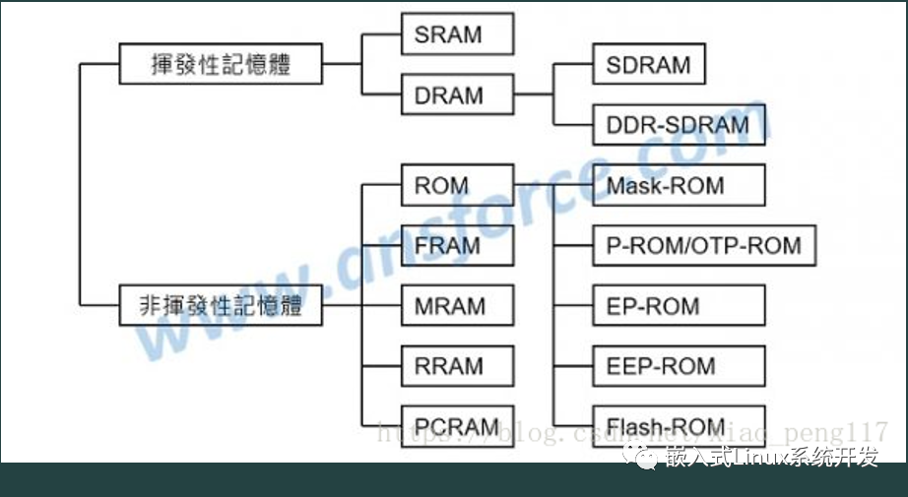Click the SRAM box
(x=457, y=34)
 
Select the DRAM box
(x=457, y=95)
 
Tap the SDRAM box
(x=649, y=65)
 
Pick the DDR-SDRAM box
(x=679, y=125)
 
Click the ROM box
(x=457, y=185)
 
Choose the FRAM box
(x=457, y=245)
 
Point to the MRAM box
(x=457, y=306)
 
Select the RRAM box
(x=457, y=366)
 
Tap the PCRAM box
(x=457, y=427)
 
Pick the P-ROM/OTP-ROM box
(x=704, y=245)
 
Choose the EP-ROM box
(x=679, y=306)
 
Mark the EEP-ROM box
(x=679, y=366)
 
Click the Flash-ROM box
(x=679, y=427)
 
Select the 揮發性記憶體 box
(x=221, y=66)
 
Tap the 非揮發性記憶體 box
(x=221, y=306)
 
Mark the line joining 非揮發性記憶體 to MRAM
(x=345, y=306)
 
